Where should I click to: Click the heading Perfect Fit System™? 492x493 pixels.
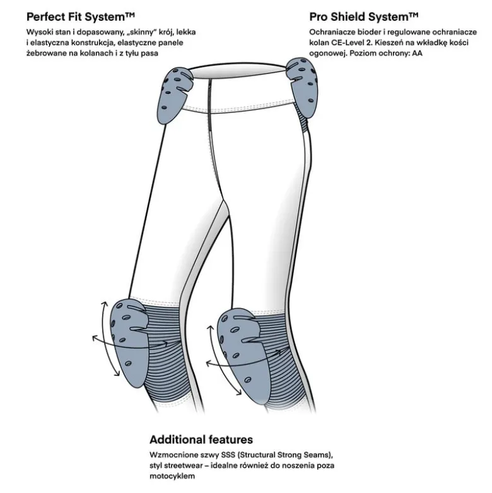[81, 16]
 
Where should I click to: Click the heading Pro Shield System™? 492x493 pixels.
[364, 16]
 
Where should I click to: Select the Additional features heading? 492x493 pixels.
[201, 439]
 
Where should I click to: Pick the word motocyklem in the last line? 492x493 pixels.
[172, 476]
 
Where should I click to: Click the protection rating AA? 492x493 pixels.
[417, 53]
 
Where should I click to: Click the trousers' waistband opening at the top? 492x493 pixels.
[238, 71]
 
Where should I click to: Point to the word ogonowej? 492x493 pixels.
[328, 54]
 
